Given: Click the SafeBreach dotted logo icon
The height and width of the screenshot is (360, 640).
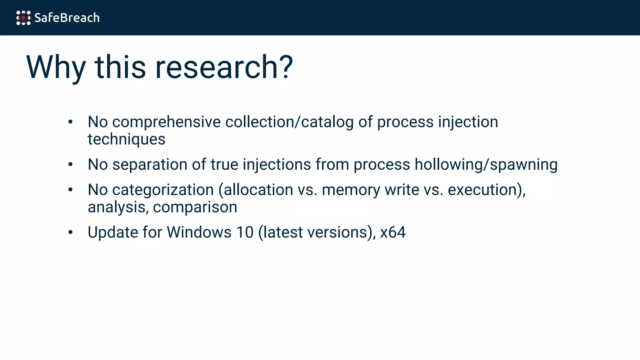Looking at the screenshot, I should pos(23,18).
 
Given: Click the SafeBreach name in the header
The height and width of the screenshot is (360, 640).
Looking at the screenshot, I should pos(67,18).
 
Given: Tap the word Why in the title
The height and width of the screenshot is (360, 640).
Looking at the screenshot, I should pos(56,67).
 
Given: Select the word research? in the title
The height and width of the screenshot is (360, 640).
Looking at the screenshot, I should pos(224,67).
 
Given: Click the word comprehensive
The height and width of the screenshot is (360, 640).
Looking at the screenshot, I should pos(166,122).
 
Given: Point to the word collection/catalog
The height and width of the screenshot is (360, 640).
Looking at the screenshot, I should pos(289,122).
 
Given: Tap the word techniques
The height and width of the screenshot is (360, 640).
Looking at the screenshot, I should pos(127,139).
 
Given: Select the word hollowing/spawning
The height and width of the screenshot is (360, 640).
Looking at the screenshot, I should pos(486,164).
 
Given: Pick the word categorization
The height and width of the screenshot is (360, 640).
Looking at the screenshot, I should pos(163,190).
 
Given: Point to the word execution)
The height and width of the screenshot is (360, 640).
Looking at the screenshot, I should pos(487,190).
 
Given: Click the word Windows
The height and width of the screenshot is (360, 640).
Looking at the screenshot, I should pos(199,232).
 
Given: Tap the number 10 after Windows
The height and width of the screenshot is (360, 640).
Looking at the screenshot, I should pos(245,232).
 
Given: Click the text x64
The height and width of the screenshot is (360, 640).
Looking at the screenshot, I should pos(393,232).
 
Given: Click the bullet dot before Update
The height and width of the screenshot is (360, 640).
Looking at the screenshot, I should pos(71,232).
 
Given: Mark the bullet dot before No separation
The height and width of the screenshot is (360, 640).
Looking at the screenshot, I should pos(71,164).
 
